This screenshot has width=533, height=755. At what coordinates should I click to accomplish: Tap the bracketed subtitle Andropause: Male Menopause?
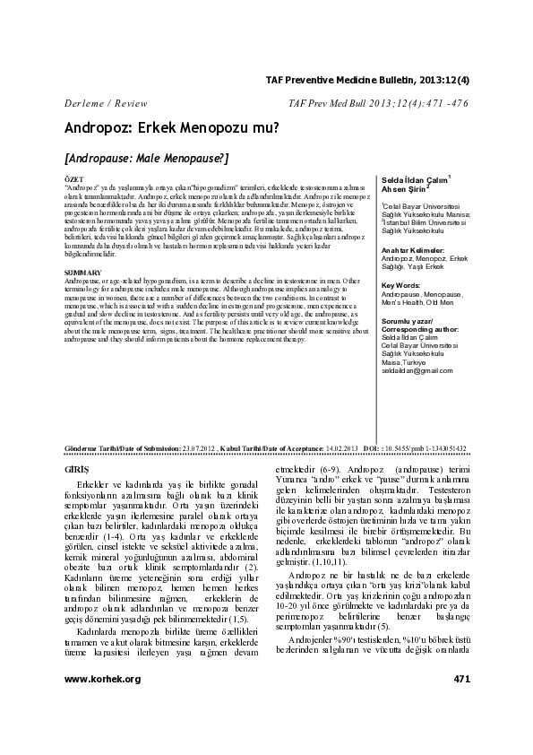(x=147, y=157)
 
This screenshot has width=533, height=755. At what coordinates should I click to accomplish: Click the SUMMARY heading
(x=82, y=270)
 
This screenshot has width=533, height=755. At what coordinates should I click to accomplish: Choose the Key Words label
(x=401, y=286)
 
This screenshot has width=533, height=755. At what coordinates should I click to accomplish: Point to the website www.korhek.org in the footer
(x=102, y=704)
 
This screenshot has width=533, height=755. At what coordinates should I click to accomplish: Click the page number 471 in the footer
(x=461, y=704)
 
